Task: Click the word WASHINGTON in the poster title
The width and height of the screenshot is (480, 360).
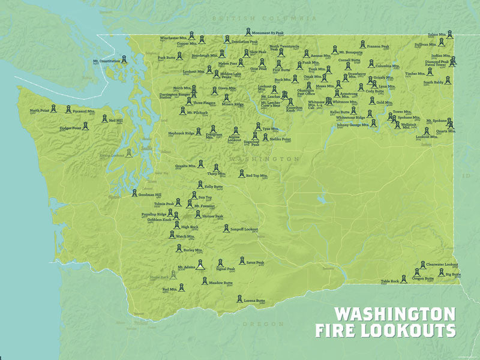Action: coord(394,314)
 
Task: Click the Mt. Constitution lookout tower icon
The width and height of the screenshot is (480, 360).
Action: coord(123,59)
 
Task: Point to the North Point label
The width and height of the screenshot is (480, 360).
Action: coord(40,110)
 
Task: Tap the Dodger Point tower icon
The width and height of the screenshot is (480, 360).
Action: coord(85,127)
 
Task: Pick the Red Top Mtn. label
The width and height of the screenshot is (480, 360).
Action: coord(256,176)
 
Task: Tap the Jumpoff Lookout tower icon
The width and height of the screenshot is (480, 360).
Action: coord(226,229)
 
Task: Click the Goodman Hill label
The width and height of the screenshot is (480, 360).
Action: coord(150,195)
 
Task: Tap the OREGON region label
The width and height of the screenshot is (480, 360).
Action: coord(259,323)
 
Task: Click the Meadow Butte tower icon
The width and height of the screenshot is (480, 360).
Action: coord(205,280)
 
